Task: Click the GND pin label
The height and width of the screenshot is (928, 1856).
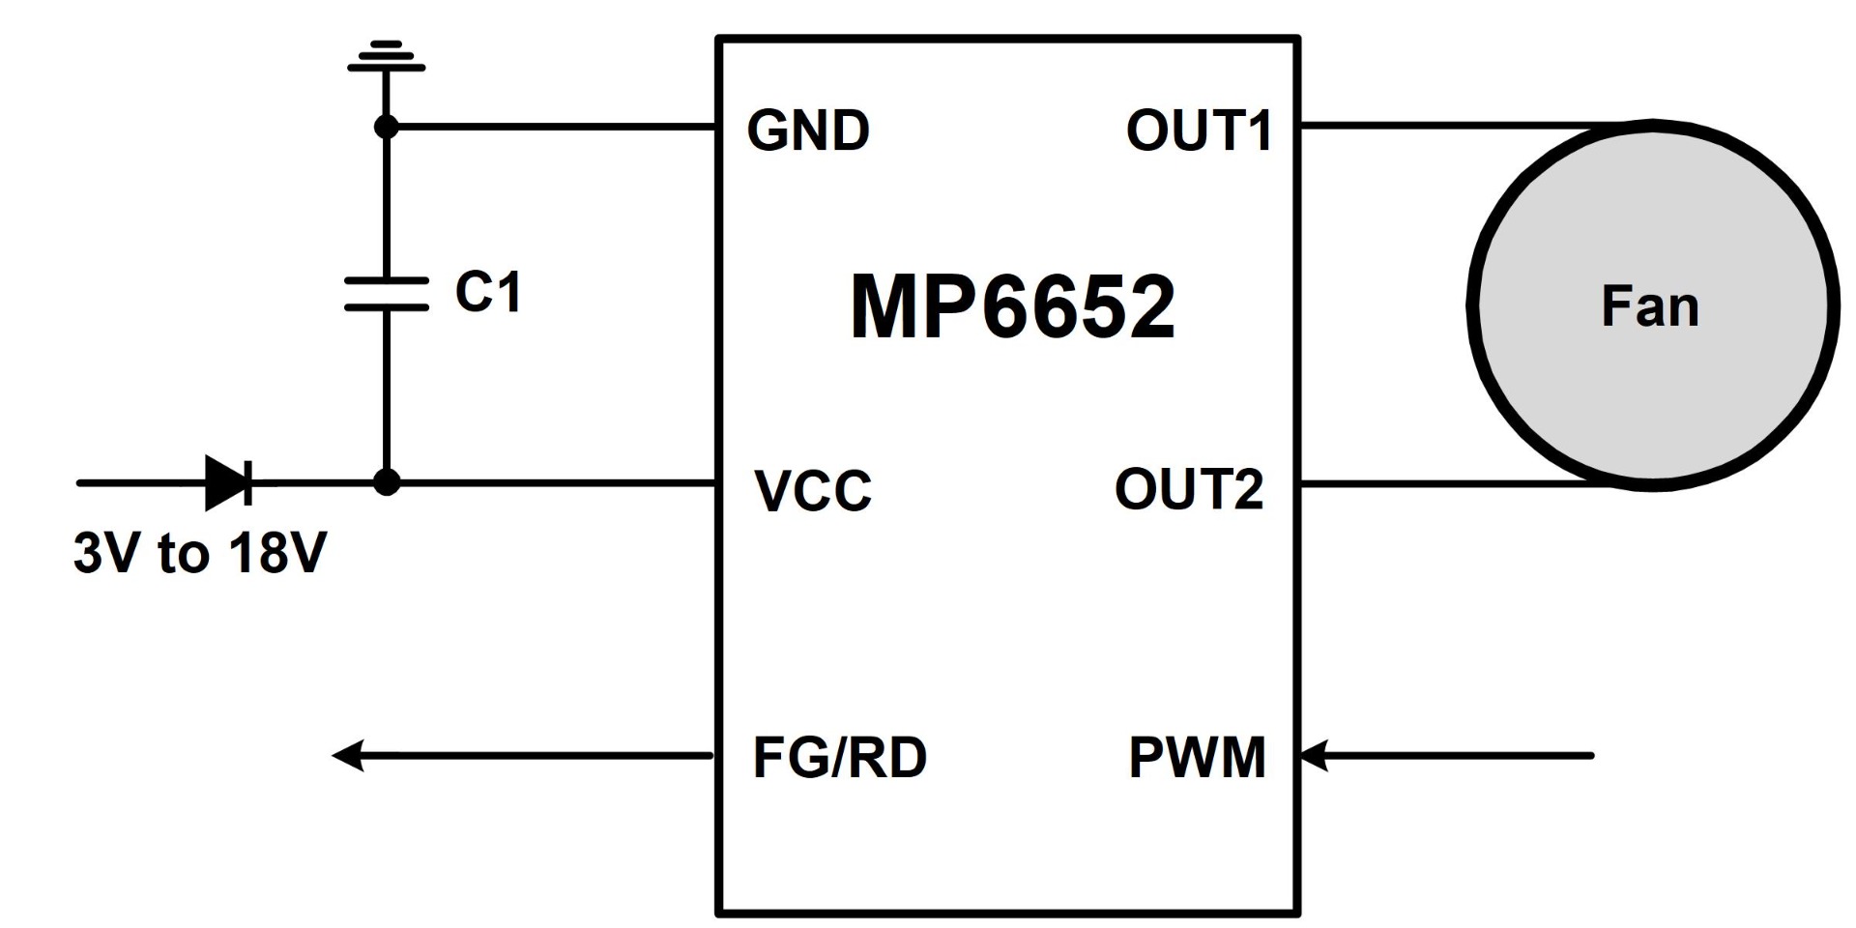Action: (808, 130)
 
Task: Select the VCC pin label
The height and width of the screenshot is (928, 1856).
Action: (812, 490)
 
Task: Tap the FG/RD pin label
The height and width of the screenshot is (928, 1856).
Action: (839, 757)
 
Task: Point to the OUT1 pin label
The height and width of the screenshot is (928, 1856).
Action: (1199, 130)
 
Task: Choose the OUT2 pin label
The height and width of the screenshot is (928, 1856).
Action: (1189, 489)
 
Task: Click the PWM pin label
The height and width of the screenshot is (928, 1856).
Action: (1197, 757)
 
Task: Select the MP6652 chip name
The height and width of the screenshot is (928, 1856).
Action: (1012, 306)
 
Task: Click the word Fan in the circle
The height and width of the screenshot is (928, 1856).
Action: (1649, 306)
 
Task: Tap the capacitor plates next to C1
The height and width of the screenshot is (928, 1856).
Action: (387, 294)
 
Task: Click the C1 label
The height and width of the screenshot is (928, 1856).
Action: (488, 292)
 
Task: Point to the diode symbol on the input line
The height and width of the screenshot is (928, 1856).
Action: (229, 482)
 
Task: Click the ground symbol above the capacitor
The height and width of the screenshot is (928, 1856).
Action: (387, 56)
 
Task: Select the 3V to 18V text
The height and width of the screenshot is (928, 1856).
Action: (200, 553)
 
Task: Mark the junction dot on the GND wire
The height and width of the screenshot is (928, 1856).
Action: (387, 127)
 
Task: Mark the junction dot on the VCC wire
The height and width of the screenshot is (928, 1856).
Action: (387, 482)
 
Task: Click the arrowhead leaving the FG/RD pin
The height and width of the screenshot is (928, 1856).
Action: (348, 755)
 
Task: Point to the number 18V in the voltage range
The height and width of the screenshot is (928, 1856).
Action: (277, 553)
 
